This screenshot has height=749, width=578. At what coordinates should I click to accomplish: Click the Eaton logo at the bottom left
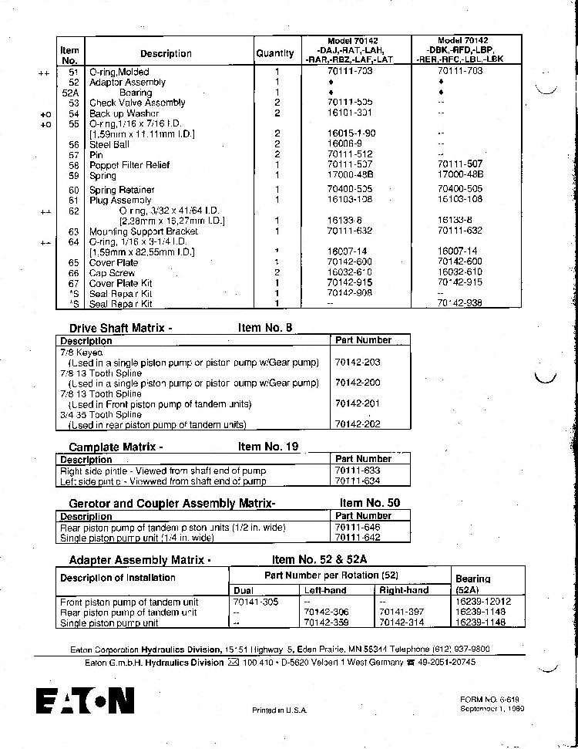(85, 700)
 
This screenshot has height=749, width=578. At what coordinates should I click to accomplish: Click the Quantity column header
(275, 53)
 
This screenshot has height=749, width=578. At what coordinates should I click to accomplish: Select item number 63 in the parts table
(74, 231)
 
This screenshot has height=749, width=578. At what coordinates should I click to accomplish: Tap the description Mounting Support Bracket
(143, 231)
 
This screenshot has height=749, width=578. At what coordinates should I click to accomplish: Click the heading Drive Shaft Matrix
(116, 328)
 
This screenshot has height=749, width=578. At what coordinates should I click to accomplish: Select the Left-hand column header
(325, 590)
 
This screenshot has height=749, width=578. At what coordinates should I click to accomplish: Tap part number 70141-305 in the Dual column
(253, 602)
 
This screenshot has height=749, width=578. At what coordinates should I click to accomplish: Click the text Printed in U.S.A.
(280, 710)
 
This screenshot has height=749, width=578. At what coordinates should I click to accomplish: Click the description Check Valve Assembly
(137, 103)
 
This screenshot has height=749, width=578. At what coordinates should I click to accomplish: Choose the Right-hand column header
(404, 590)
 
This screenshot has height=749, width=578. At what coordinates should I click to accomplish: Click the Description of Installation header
(118, 578)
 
